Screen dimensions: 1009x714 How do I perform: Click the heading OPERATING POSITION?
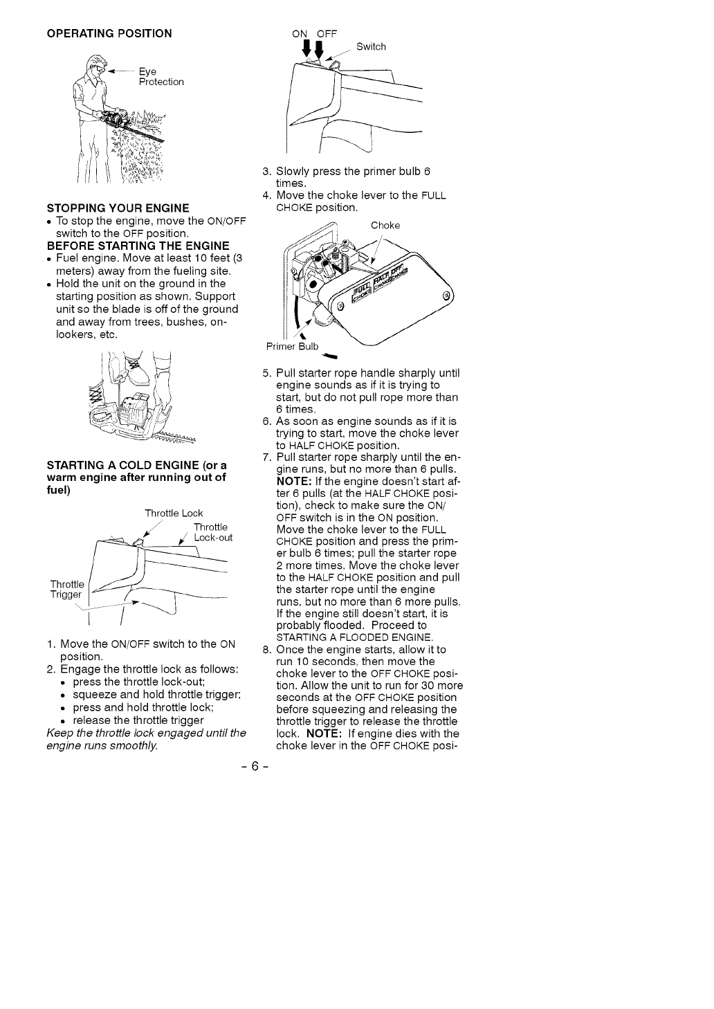(x=109, y=33)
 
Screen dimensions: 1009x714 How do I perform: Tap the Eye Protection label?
(x=161, y=77)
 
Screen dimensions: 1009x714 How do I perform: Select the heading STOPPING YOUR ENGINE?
(x=118, y=208)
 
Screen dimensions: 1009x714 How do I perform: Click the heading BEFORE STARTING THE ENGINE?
(x=138, y=246)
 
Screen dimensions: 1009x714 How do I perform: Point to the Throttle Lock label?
(x=174, y=513)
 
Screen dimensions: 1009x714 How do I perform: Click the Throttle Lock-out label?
(x=212, y=532)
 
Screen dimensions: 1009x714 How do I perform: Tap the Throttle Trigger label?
(x=66, y=589)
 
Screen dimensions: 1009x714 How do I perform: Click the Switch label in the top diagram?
(x=371, y=47)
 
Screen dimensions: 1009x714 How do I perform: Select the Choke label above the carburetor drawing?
(x=385, y=226)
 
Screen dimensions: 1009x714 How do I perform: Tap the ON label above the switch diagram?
(x=300, y=33)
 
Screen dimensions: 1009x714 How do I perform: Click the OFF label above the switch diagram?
(x=326, y=33)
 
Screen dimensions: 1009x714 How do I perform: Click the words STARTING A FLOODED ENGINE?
(x=354, y=637)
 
